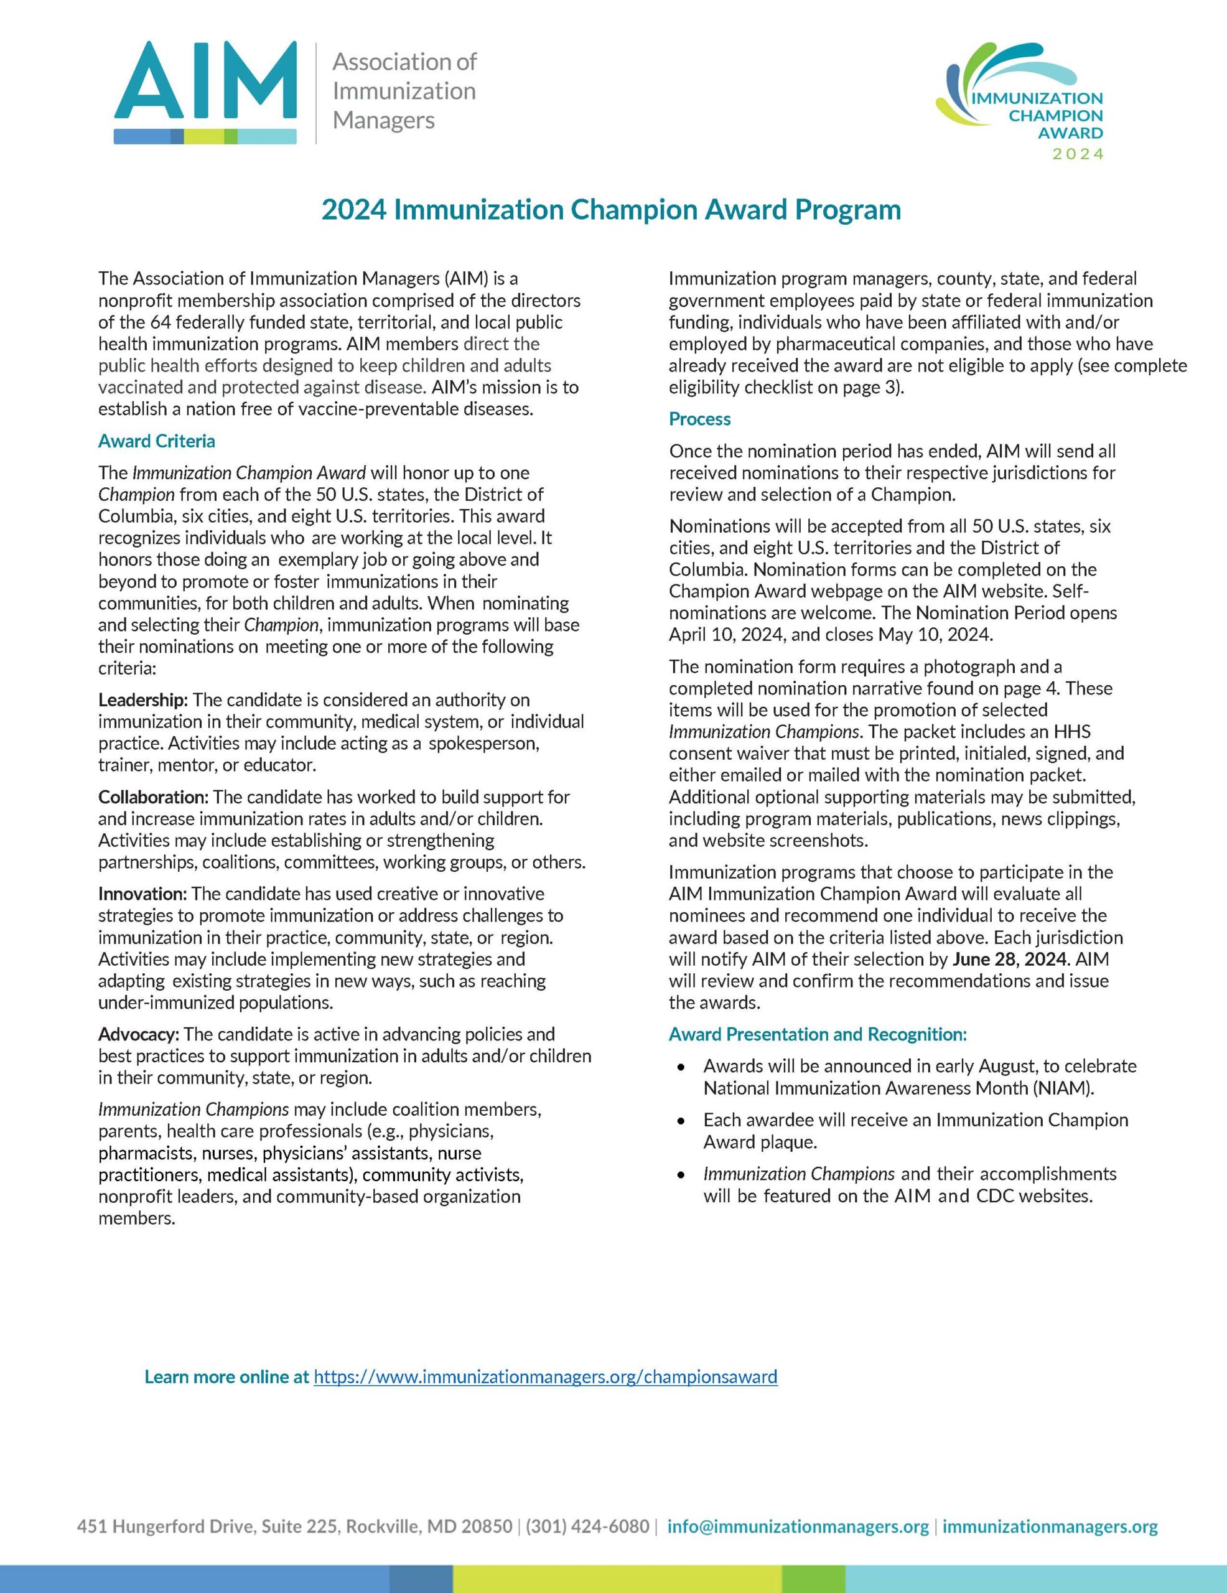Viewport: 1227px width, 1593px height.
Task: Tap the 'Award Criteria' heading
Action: (x=157, y=441)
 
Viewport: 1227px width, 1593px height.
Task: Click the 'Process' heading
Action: (x=699, y=419)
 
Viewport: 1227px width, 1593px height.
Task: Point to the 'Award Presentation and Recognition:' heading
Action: (x=818, y=1034)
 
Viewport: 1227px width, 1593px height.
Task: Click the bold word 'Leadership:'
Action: (x=143, y=700)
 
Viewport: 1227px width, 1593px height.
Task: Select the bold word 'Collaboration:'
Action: (x=153, y=797)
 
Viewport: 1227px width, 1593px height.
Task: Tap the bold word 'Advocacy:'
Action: (x=139, y=1034)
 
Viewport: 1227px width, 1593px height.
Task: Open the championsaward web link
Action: (x=545, y=1377)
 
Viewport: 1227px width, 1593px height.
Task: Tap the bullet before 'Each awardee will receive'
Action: (x=681, y=1121)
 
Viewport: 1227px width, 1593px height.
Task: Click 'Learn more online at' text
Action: (x=227, y=1377)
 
